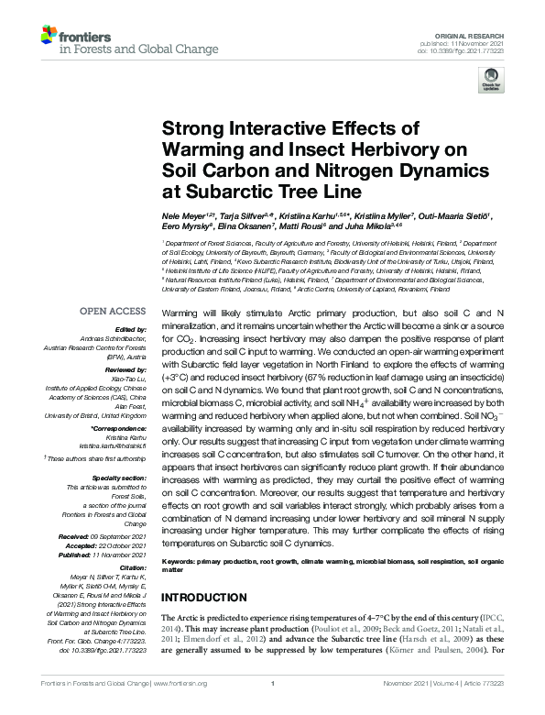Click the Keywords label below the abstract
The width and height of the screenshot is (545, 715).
[183, 560]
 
